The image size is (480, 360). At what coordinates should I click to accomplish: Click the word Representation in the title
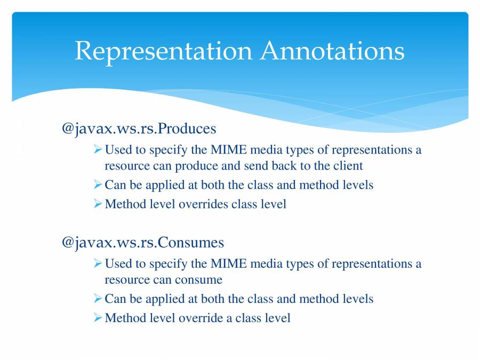click(163, 51)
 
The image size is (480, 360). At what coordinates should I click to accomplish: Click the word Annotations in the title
click(332, 51)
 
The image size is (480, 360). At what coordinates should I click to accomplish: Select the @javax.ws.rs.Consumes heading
click(142, 243)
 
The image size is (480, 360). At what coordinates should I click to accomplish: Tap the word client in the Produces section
click(348, 166)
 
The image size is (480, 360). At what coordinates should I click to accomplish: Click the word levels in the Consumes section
click(357, 299)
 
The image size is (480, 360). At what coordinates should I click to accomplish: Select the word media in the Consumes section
click(263, 263)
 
